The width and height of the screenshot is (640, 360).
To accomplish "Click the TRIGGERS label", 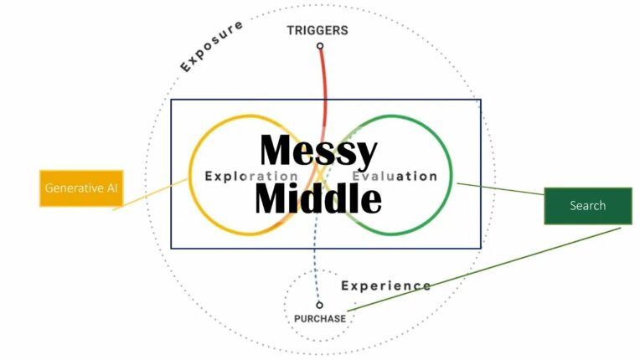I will [317, 30].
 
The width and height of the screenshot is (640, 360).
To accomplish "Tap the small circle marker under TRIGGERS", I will [320, 46].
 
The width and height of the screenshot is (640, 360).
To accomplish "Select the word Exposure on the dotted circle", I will [212, 45].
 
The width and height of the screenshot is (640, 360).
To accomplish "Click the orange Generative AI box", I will [80, 188].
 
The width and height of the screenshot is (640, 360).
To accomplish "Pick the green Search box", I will [587, 206].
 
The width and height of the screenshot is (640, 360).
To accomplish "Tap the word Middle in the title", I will [318, 199].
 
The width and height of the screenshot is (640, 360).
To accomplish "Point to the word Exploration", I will [250, 177].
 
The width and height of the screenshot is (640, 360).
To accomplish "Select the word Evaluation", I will [395, 177].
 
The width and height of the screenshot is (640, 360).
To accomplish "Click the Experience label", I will [386, 285].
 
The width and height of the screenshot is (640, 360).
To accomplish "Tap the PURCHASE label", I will [319, 319].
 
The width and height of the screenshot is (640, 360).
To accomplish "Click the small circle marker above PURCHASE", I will [319, 305].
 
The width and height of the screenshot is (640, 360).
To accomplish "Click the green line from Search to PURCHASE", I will [486, 270].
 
